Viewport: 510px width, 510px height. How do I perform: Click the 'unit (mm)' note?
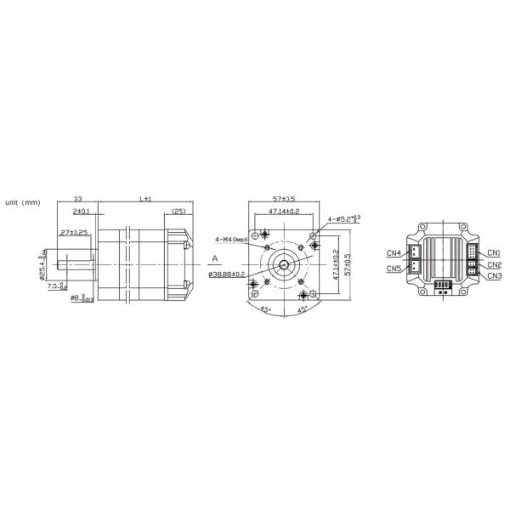[23, 202]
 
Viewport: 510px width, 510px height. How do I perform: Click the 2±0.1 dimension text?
[82, 210]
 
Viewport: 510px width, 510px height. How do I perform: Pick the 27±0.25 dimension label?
[76, 232]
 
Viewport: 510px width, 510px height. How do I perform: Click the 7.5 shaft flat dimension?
[57, 286]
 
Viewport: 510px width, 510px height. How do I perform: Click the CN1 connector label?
[494, 252]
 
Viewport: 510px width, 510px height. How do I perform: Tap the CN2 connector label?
[494, 264]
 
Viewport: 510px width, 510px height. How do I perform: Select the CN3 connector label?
[494, 275]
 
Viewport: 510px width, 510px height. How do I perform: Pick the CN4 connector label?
[394, 252]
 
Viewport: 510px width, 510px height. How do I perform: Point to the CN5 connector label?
[394, 269]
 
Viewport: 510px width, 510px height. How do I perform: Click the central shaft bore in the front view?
[282, 257]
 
